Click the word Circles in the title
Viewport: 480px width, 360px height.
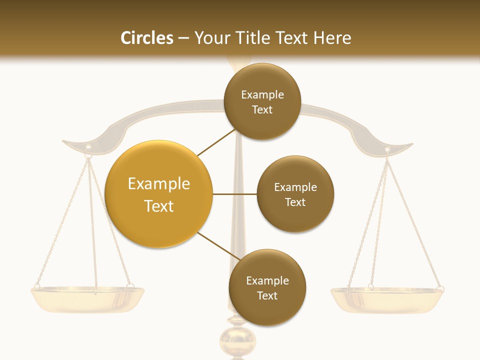146,38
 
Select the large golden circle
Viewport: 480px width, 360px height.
159,194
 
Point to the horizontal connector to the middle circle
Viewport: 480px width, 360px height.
235,194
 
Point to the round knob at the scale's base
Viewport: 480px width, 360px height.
237,342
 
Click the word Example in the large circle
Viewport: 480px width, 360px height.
159,184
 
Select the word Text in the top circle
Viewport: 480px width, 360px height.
262,110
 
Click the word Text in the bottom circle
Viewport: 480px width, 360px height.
267,296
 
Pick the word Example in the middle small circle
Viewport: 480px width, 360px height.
295,187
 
